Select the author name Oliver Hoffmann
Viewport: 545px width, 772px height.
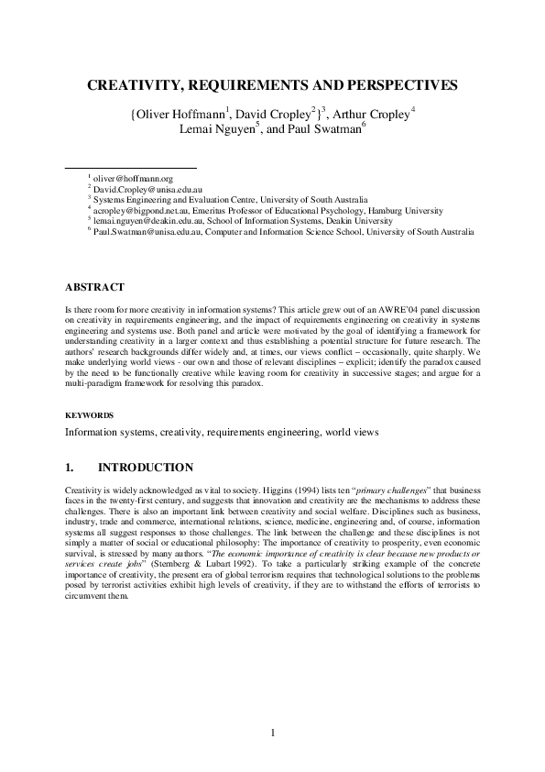pyautogui.click(x=179, y=116)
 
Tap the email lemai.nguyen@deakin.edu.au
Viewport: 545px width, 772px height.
pyautogui.click(x=156, y=220)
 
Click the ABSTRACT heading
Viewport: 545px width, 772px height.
pyautogui.click(x=95, y=288)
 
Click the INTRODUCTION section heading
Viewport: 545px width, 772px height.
pyautogui.click(x=145, y=469)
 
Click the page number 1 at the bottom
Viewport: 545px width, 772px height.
pyautogui.click(x=272, y=733)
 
